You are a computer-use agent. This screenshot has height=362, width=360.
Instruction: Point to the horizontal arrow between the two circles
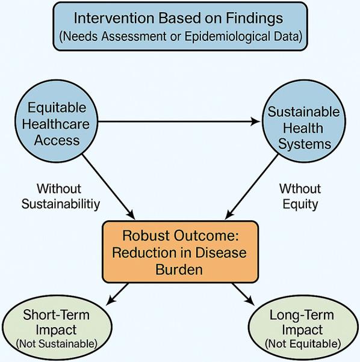[181, 122]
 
